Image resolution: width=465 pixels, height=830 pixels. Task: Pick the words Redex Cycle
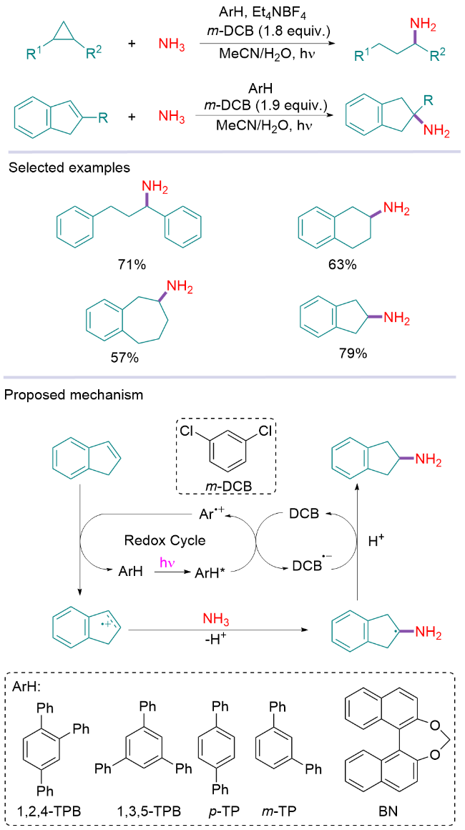pos(175,541)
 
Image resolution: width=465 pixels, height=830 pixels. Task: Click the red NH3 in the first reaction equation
pos(172,45)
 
